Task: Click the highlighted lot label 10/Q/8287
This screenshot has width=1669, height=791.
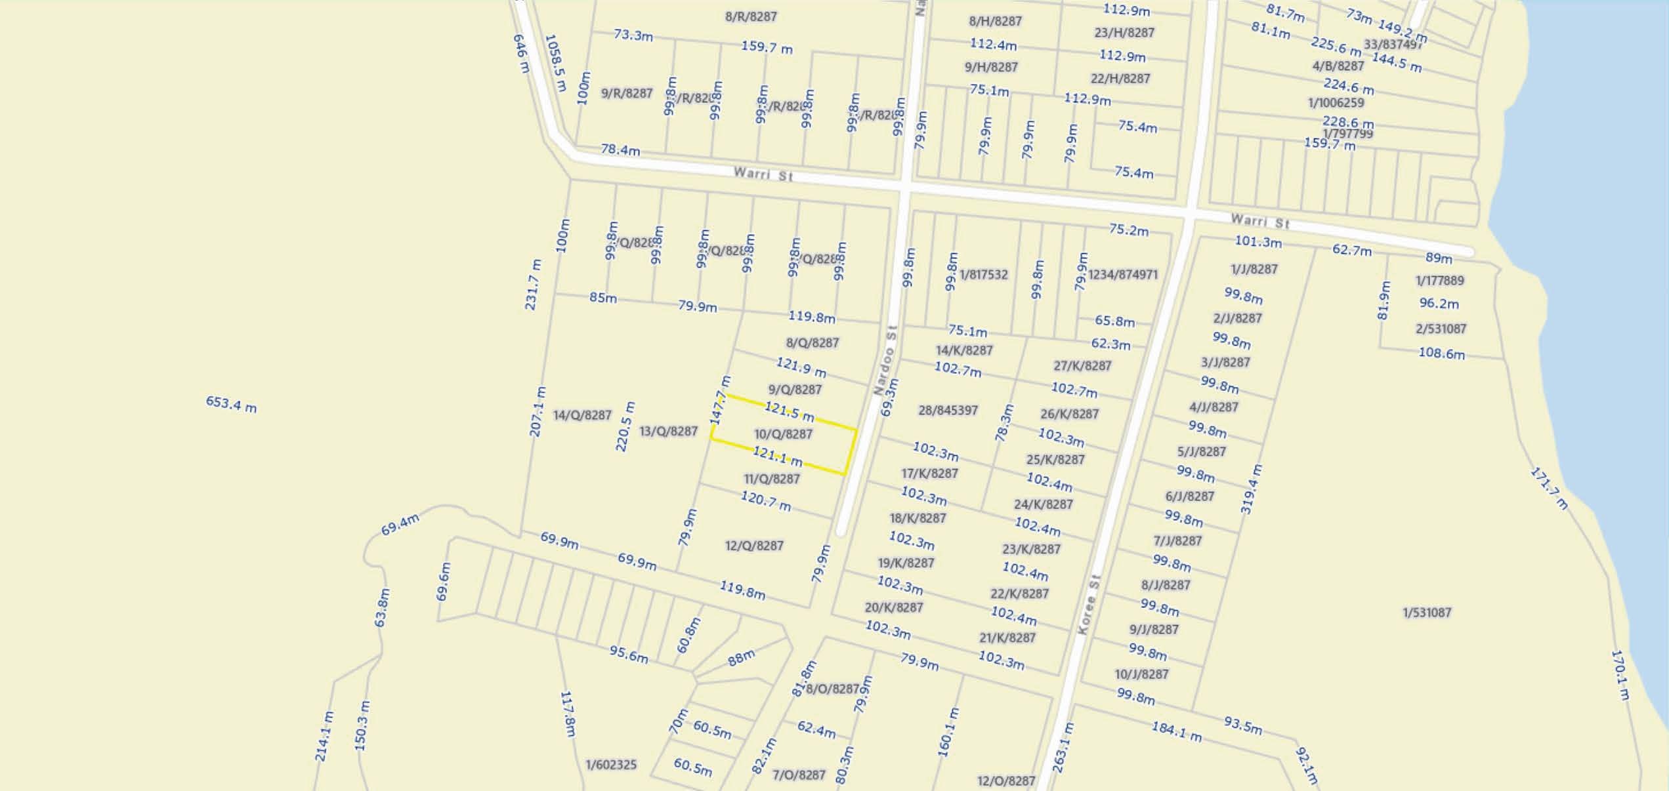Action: point(783,434)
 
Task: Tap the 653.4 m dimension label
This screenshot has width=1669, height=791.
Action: point(231,404)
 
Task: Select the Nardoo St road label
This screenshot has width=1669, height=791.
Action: point(885,360)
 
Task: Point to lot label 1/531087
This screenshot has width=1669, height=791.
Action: point(1427,613)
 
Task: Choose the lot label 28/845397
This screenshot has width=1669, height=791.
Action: point(948,411)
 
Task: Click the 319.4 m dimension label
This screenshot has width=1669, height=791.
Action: point(1251,489)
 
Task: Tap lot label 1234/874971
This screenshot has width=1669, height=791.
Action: point(1123,274)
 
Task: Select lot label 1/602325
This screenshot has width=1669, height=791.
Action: point(611,765)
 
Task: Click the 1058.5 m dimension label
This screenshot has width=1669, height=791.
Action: point(555,63)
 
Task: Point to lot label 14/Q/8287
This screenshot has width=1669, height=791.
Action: point(582,415)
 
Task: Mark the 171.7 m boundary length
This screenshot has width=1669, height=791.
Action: point(1549,489)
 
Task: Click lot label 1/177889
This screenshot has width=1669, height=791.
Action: point(1439,281)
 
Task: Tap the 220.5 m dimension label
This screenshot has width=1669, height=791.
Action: point(625,427)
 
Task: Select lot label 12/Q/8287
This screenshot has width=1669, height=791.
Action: point(754,546)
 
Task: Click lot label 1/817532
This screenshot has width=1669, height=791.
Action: point(983,274)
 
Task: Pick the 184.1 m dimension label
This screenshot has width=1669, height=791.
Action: point(1176,731)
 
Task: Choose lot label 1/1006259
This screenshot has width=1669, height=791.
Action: point(1336,103)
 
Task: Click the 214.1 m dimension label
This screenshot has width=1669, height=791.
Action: point(324,737)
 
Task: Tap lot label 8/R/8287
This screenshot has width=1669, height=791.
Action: point(751,16)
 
